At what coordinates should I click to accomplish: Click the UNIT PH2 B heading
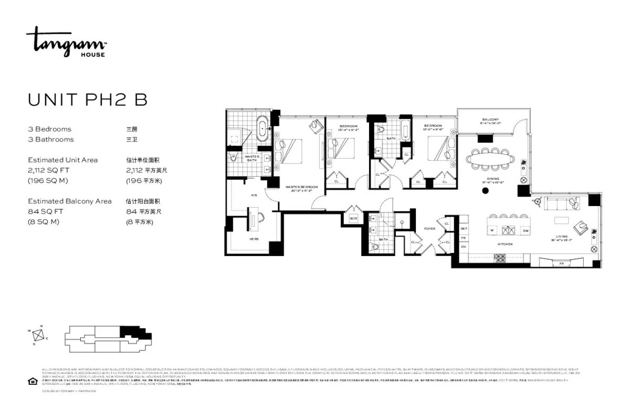point(87,100)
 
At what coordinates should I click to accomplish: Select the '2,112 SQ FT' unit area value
point(49,170)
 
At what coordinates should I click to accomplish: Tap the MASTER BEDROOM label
point(302,187)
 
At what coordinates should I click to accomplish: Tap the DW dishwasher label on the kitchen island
point(526,230)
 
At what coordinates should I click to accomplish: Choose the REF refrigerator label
point(464,229)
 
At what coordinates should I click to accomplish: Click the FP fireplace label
point(561,263)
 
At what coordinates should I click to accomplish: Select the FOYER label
point(429,229)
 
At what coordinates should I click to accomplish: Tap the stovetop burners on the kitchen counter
point(500,258)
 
